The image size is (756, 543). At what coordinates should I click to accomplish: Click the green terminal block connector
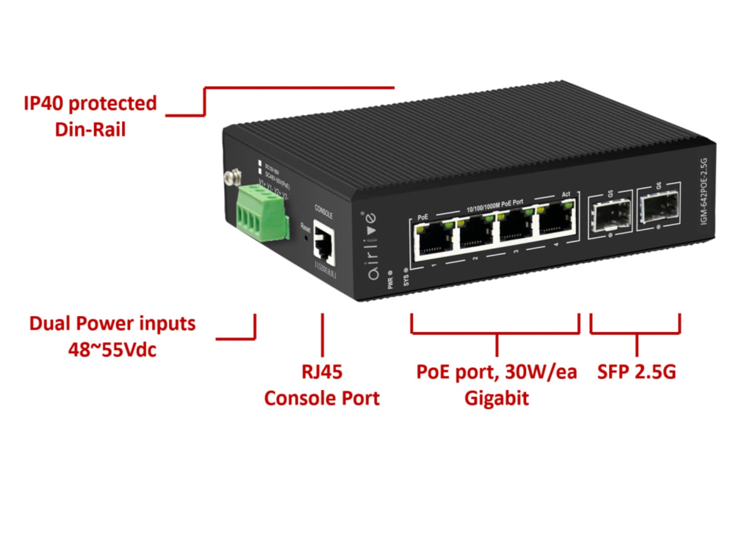click(x=263, y=213)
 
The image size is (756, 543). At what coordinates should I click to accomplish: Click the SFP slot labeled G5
click(x=610, y=215)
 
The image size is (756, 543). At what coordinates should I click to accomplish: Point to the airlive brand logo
click(x=372, y=246)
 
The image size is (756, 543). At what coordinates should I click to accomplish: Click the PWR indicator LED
click(x=390, y=273)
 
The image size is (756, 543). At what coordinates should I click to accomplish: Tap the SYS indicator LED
click(x=406, y=270)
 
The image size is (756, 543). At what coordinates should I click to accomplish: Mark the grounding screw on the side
click(x=233, y=177)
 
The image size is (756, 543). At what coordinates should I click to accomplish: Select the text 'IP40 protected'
click(x=90, y=103)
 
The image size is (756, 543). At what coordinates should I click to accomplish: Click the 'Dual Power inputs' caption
click(x=112, y=323)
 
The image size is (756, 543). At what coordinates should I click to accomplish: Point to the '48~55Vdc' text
click(x=112, y=350)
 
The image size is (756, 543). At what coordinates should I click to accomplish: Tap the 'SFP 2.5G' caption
click(x=636, y=371)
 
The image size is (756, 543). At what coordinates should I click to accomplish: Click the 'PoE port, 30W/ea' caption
click(x=496, y=371)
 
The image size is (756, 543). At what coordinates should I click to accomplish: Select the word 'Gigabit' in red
click(x=496, y=398)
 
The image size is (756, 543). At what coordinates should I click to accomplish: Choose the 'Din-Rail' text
click(x=90, y=130)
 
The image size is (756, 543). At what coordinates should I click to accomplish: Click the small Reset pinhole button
click(x=306, y=238)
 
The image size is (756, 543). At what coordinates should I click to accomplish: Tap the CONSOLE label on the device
click(x=323, y=212)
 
